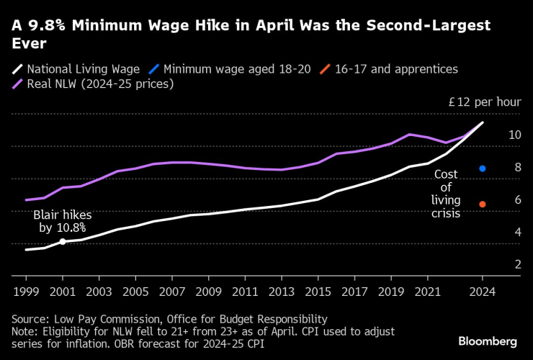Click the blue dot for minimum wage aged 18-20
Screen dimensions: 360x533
click(483, 168)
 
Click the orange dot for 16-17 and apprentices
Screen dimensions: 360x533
click(483, 204)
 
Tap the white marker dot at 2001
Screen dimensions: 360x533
click(63, 241)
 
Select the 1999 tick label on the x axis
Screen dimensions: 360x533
click(27, 292)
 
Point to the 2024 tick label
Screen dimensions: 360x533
click(483, 292)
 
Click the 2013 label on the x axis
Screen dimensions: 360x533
click(282, 292)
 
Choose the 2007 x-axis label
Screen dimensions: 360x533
click(172, 292)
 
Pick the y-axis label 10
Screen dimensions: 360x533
click(514, 135)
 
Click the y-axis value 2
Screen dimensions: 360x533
click(517, 265)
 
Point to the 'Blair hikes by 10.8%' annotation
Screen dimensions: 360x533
click(62, 221)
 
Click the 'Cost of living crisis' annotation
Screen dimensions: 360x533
click(446, 193)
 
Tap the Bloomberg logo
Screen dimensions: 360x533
click(488, 340)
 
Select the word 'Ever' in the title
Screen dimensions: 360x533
click(29, 44)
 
